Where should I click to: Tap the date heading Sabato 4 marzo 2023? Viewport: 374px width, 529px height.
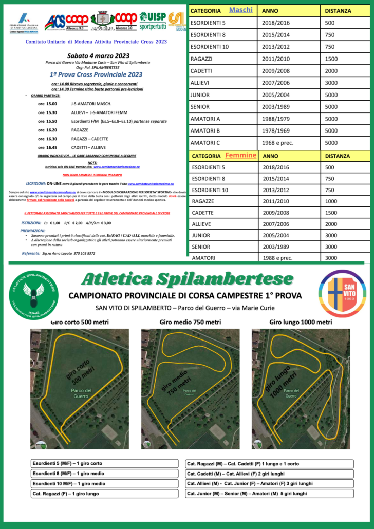coord(94,55)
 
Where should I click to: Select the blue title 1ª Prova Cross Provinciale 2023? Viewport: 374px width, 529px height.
coord(94,74)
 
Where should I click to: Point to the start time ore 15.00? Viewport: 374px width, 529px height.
coord(47,103)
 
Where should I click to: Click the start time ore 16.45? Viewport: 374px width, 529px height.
coord(47,147)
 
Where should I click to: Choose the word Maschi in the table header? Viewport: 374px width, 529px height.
coord(241,10)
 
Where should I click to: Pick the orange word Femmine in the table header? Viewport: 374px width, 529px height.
coord(240,155)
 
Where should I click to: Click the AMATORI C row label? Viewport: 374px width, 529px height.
coord(205,143)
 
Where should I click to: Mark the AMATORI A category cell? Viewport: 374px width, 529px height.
coord(205,119)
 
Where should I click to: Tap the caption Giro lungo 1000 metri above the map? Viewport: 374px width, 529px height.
coord(301,323)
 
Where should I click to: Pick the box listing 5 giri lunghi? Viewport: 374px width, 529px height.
coord(269,494)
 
